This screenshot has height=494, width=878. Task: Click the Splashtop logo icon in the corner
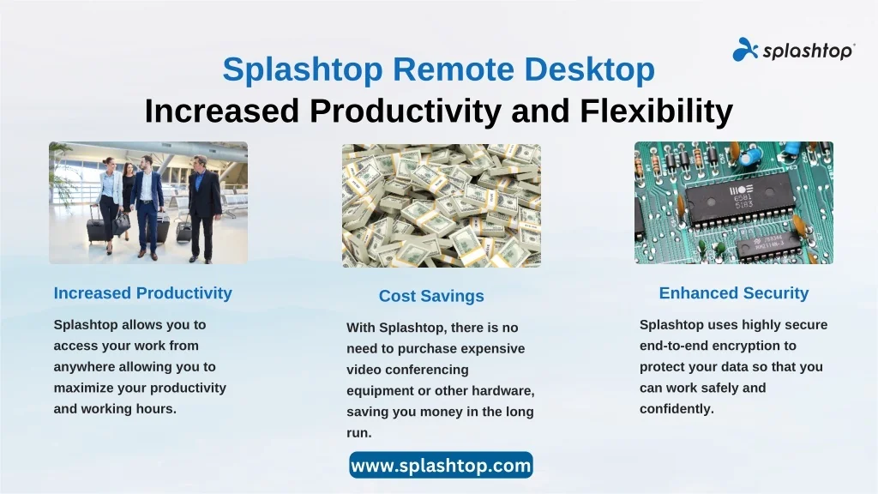click(745, 50)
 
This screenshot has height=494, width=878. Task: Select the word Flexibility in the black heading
click(656, 111)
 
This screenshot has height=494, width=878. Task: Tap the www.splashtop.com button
click(441, 465)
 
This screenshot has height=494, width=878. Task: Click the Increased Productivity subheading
click(143, 293)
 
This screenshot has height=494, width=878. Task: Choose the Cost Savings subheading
click(431, 296)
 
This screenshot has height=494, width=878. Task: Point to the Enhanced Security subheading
click(734, 293)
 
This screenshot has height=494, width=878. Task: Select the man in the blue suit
click(147, 208)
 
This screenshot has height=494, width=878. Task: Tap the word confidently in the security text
click(677, 409)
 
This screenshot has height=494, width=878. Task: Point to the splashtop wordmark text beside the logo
click(808, 51)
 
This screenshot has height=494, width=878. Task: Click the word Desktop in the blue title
click(590, 69)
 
